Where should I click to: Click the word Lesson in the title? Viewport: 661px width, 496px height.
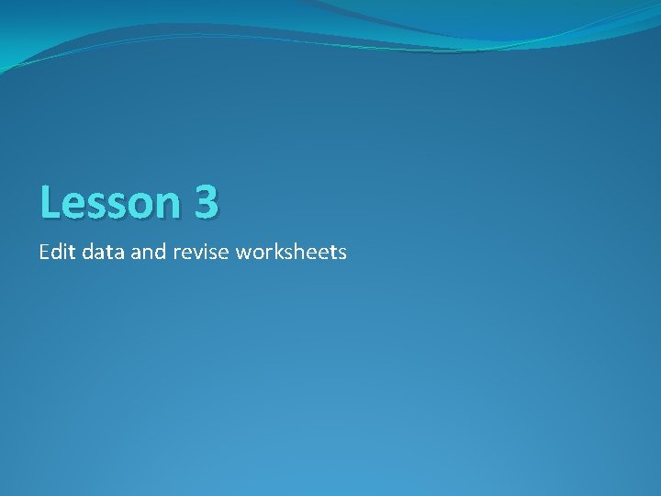(110, 202)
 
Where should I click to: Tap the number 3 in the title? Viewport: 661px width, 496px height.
(206, 202)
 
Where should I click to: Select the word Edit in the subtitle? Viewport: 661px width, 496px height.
(57, 251)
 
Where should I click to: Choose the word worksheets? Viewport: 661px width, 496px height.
(291, 251)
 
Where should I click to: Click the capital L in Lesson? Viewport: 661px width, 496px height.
(50, 202)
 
